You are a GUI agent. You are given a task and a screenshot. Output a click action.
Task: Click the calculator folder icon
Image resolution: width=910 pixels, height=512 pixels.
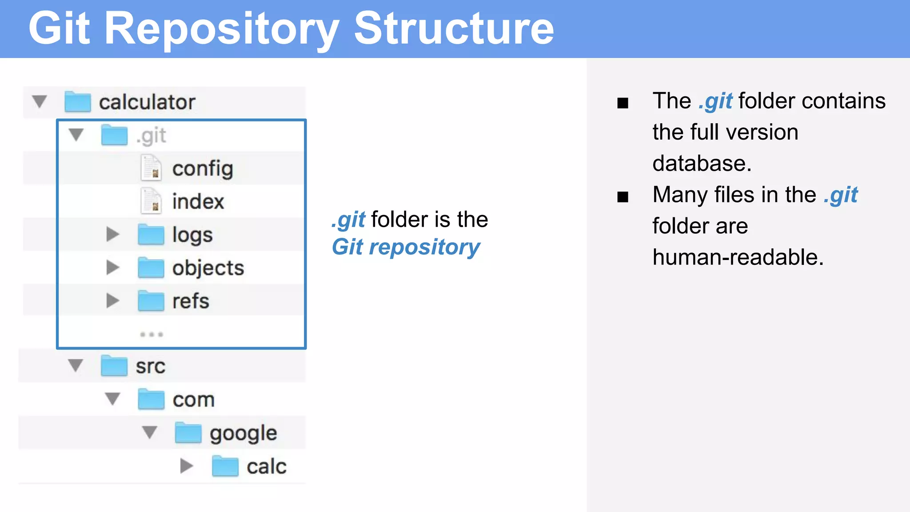click(77, 102)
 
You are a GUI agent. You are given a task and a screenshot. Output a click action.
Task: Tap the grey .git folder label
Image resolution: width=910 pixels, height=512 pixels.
click(152, 136)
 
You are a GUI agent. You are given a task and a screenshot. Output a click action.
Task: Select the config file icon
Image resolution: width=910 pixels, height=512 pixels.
click(151, 168)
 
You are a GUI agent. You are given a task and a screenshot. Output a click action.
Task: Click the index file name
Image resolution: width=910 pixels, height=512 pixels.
click(198, 201)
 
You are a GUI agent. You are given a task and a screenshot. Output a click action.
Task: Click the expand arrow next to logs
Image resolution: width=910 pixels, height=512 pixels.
click(113, 234)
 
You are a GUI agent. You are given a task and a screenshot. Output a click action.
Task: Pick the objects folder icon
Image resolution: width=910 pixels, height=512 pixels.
click(151, 268)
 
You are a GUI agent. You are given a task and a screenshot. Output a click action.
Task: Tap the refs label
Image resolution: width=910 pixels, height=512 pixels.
click(191, 301)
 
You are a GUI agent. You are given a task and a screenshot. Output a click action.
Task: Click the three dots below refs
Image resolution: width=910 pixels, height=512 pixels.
click(151, 334)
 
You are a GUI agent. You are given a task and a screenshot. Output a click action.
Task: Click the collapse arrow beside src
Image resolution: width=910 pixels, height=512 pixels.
click(76, 365)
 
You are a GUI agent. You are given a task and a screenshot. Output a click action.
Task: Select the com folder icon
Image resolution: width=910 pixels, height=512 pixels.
click(151, 399)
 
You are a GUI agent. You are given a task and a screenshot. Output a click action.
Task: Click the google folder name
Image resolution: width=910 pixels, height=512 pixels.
click(243, 433)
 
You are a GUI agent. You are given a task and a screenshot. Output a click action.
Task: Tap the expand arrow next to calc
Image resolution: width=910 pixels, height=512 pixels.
click(187, 466)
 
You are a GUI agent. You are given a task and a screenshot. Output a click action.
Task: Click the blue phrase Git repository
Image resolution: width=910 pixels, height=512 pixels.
click(406, 247)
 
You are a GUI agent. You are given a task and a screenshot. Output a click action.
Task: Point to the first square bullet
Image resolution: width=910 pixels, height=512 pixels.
click(623, 103)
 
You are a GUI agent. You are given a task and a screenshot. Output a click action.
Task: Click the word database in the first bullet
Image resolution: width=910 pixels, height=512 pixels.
click(701, 164)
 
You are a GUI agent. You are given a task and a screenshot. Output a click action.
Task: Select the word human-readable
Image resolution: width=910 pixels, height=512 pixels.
click(738, 257)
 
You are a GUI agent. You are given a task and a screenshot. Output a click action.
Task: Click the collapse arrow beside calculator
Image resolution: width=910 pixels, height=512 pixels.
click(40, 101)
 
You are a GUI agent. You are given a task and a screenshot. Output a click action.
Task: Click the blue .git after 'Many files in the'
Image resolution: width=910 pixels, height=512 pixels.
click(841, 195)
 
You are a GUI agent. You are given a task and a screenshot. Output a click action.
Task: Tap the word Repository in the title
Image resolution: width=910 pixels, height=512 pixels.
click(221, 29)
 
